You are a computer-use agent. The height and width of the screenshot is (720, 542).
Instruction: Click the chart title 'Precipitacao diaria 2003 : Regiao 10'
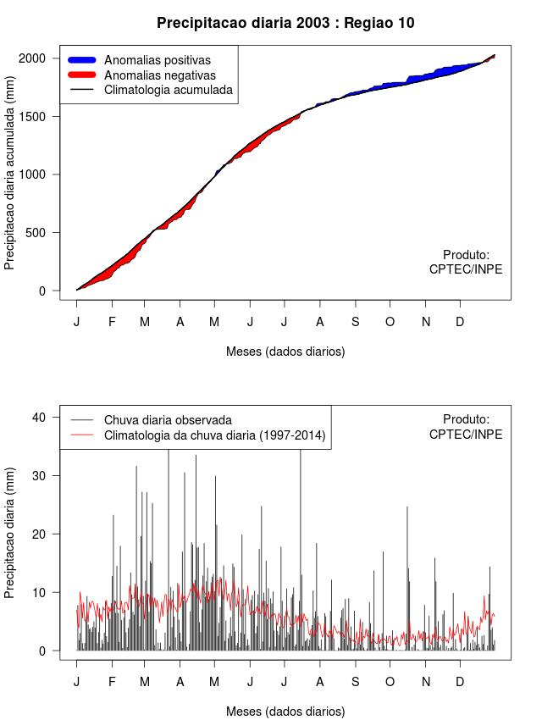285,23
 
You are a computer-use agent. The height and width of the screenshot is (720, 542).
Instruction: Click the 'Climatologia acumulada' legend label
168,90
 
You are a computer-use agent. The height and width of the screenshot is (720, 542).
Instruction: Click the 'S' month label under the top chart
356,322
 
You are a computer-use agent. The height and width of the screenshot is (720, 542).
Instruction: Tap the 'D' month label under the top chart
460,322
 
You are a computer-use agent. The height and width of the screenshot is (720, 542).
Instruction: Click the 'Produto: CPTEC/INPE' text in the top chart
466,262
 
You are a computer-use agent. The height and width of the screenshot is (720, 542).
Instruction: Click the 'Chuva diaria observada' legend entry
168,420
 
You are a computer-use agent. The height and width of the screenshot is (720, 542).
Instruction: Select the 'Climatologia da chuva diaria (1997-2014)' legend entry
215,436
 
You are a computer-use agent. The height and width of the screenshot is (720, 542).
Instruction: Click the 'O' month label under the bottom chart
390,682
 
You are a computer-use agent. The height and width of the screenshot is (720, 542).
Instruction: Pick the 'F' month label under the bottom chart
112,682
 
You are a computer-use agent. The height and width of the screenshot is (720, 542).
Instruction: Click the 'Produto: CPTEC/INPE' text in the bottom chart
466,427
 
